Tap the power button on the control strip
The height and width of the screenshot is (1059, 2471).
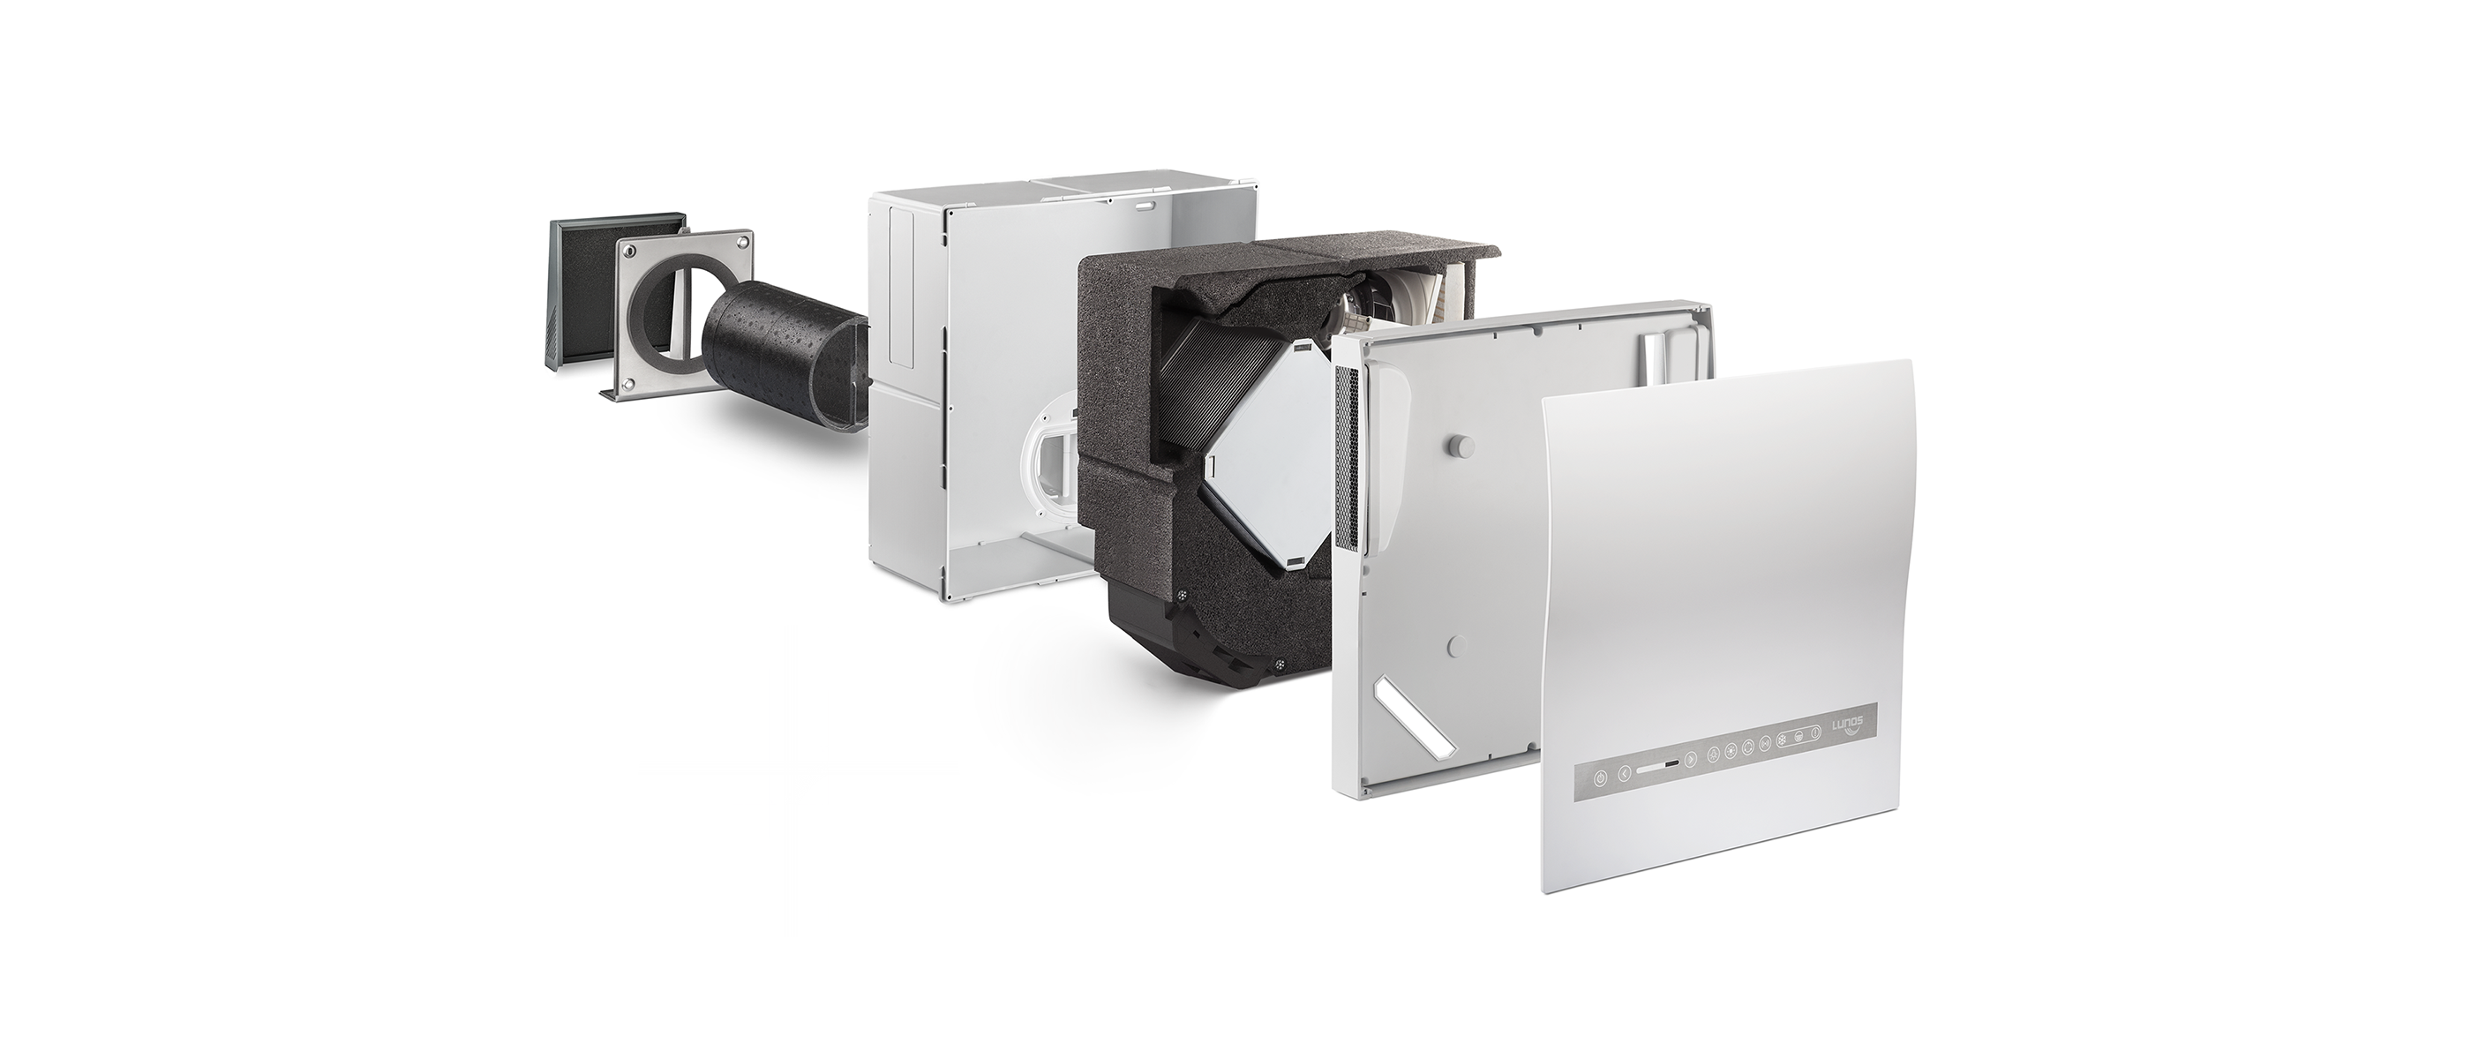1600,778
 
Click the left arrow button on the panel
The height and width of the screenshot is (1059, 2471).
1624,773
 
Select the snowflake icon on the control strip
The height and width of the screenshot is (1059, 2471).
1783,741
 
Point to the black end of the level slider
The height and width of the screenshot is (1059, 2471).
1672,764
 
